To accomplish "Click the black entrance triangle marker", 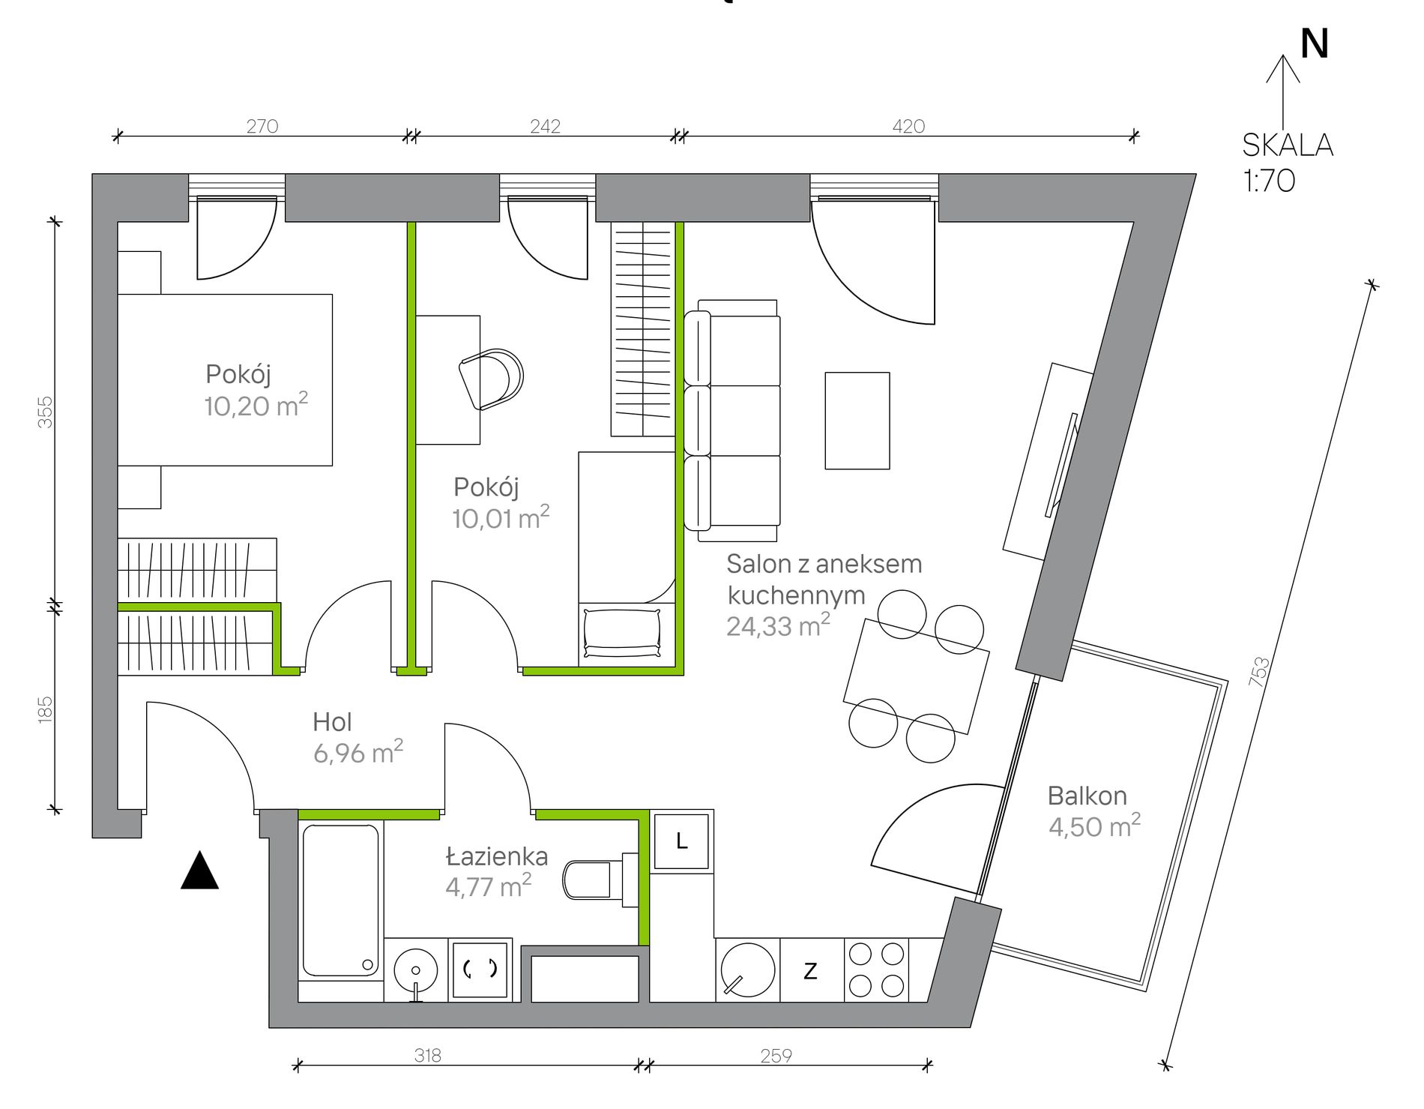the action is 199,871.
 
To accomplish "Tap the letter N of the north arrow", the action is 1315,44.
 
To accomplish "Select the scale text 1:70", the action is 1269,181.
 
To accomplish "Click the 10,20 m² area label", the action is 256,405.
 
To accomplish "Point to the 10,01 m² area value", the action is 501,517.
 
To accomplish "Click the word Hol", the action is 332,722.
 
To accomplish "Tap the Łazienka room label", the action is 496,856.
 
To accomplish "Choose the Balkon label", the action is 1087,796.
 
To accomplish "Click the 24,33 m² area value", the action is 778,625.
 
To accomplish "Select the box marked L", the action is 681,841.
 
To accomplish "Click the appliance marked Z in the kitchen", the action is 811,970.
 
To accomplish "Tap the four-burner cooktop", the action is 876,970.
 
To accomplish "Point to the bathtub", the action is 340,900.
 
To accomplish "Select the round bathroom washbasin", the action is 415,970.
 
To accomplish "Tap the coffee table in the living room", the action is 857,421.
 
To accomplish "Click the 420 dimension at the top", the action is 908,126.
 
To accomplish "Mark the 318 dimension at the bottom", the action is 428,1055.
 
